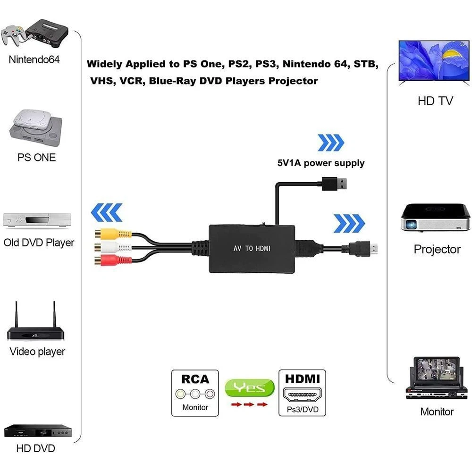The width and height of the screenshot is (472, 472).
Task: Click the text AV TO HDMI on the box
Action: click(x=252, y=248)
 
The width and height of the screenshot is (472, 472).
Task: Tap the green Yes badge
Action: click(x=249, y=388)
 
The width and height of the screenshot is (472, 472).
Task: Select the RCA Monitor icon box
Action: click(x=195, y=393)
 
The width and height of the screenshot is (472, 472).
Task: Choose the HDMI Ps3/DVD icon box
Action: click(x=303, y=393)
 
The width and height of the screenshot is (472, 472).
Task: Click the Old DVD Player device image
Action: click(x=37, y=220)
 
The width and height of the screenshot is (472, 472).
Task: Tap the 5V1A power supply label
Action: click(x=321, y=163)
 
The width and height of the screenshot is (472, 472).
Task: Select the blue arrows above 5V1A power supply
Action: click(x=331, y=143)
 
